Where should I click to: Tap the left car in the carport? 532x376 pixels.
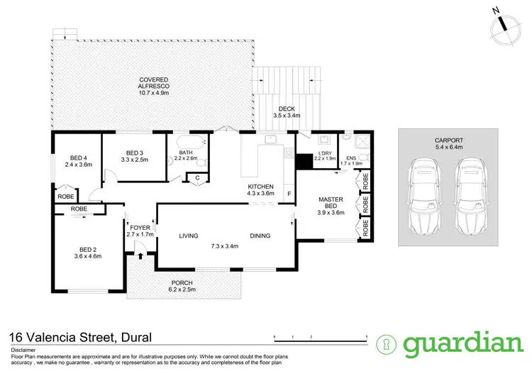[426, 197]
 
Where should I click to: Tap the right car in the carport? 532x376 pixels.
[470, 197]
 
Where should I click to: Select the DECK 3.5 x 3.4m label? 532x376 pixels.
[288, 112]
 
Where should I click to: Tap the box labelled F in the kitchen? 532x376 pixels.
[289, 194]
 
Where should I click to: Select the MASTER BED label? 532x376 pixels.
[329, 202]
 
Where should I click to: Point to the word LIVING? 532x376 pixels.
[188, 236]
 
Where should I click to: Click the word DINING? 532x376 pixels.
[260, 236]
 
